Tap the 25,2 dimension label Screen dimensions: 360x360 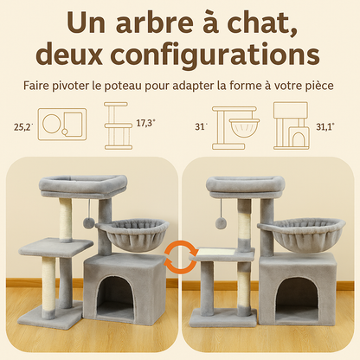point(24,126)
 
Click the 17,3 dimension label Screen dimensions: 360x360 point(145,123)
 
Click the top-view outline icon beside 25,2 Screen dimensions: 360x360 point(63,125)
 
